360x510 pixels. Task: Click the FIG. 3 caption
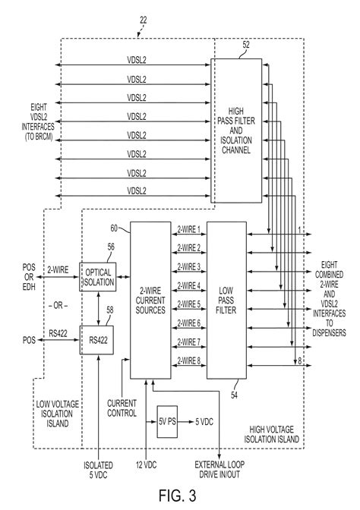point(179,496)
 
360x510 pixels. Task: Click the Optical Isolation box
point(99,277)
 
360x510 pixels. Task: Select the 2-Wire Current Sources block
point(150,299)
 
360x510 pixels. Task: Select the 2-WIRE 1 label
point(189,228)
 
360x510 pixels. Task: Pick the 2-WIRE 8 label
point(189,361)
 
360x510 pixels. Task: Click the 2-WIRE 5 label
point(189,304)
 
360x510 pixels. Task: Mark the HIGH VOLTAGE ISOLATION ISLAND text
point(273,434)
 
